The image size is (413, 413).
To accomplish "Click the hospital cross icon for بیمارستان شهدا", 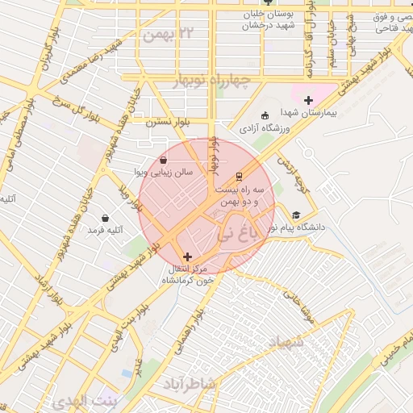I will [x=308, y=100].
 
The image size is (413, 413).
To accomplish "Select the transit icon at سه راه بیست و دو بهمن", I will [x=239, y=176].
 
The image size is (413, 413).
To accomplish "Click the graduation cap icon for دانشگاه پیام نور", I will [x=296, y=215].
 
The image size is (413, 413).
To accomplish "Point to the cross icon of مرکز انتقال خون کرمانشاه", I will [x=188, y=257].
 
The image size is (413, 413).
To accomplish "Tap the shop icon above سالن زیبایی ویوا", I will [x=164, y=160].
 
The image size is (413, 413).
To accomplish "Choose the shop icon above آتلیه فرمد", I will [x=105, y=218].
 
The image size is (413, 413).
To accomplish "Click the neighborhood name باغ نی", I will [x=240, y=234].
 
